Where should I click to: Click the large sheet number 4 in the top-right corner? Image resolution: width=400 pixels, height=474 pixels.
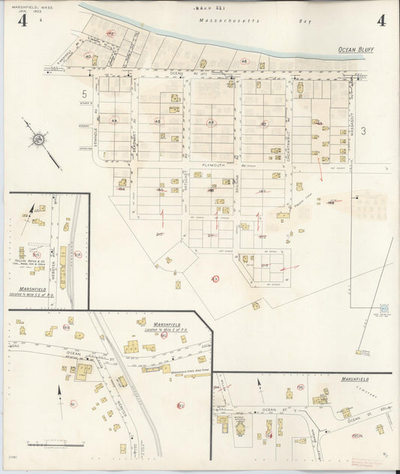381,20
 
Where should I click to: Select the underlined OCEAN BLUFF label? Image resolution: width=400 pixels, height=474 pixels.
356,50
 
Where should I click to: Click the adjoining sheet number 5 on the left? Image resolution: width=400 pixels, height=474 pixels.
85,94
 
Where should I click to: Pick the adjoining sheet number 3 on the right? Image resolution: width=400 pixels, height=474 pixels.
362,131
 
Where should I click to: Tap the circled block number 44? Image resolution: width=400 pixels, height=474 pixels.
114,120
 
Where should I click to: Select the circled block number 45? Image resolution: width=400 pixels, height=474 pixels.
158,121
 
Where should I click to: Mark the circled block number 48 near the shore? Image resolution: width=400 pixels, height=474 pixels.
244,61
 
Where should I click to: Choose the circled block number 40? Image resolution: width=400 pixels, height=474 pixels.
88,56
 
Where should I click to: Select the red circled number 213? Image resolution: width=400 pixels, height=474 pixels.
215,279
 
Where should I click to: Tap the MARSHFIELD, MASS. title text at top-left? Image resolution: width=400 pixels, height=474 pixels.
30,7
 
